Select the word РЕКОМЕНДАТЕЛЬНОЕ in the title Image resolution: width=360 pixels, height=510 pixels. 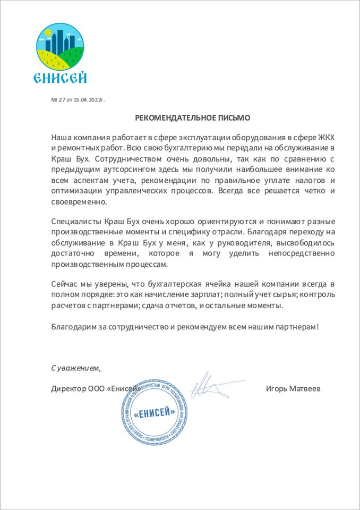click(173, 117)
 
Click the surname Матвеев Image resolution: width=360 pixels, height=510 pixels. click(305, 388)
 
